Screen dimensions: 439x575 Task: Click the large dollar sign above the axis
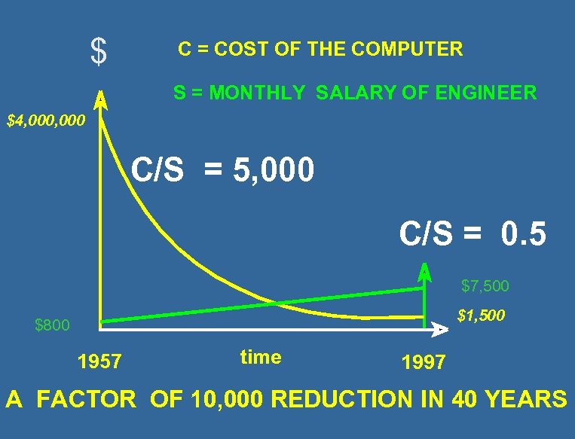[x=98, y=51]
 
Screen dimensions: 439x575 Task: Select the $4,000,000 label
[x=46, y=120]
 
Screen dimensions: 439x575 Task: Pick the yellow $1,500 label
[x=481, y=316]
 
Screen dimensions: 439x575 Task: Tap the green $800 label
[x=53, y=325]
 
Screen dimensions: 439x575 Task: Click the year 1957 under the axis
[x=99, y=362]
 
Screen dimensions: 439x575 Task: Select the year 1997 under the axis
[x=424, y=363]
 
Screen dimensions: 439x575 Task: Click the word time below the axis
[x=261, y=358]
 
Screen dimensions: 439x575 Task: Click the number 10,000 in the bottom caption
[x=221, y=399]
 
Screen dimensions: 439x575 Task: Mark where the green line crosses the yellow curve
[x=275, y=303]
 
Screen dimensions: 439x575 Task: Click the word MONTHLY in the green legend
[x=257, y=93]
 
